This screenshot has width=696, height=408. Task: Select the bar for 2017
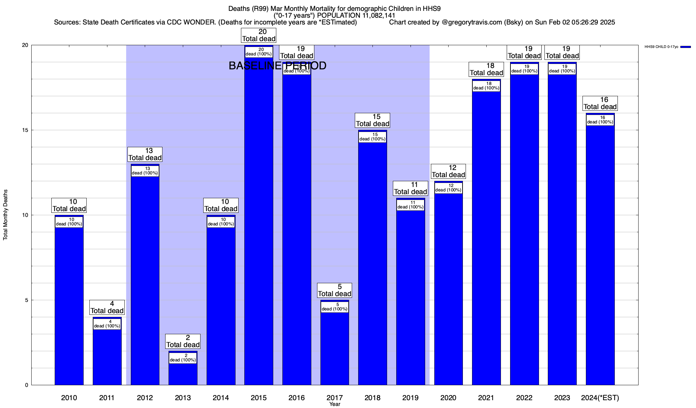coord(335,347)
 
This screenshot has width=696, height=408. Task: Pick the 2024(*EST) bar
coord(600,255)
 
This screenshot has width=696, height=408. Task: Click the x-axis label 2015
coord(259,398)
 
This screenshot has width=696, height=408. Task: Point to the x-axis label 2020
coord(448,398)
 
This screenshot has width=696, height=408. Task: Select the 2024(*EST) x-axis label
coord(600,398)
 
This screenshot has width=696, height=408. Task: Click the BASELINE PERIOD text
coord(277,66)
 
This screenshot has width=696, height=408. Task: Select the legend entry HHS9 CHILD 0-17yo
coord(661,47)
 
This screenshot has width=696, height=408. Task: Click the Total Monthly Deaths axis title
coord(5,215)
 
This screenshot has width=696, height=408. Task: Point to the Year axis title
coord(335,404)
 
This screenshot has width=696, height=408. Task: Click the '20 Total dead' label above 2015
coord(259,35)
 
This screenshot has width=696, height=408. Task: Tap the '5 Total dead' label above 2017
coord(335,290)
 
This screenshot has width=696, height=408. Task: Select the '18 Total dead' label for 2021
coord(486,69)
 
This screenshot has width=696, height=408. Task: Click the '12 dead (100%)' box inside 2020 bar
coord(449,188)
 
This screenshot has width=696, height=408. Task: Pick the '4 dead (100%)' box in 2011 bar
coord(107,324)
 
